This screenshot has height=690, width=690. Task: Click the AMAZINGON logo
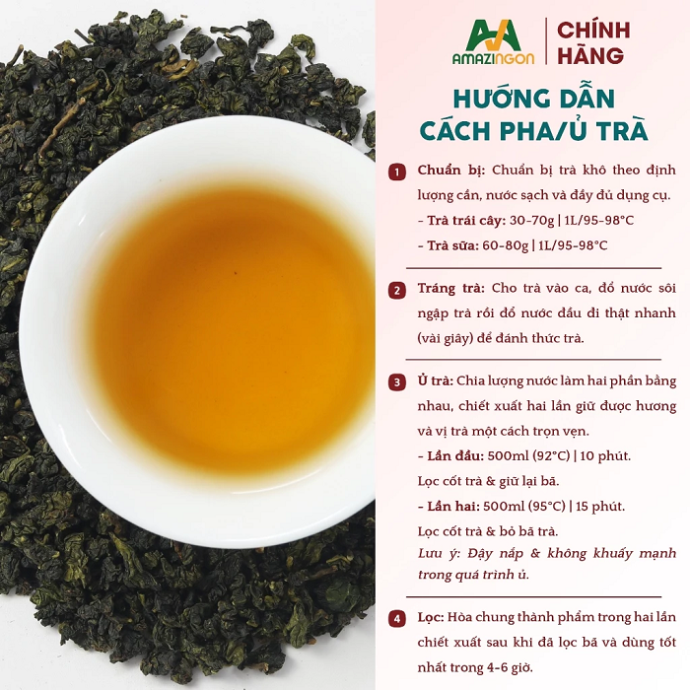493,42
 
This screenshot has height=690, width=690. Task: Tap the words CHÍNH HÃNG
593,42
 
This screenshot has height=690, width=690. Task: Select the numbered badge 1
397,172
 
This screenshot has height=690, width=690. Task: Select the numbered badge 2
397,291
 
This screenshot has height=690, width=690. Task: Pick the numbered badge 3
397,382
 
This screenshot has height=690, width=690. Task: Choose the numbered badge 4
397,619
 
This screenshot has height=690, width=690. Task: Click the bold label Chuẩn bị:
451,171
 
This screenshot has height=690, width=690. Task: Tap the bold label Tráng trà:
451,289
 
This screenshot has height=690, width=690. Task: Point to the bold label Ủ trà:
436,380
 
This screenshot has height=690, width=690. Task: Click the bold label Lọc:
431,617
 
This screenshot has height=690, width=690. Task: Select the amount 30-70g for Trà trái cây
531,220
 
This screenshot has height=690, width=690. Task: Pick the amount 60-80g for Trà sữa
505,245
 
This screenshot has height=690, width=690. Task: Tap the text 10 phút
605,455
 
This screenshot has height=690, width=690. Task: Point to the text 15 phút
599,506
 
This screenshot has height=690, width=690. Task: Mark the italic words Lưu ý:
440,554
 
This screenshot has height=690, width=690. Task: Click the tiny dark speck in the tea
236,273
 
